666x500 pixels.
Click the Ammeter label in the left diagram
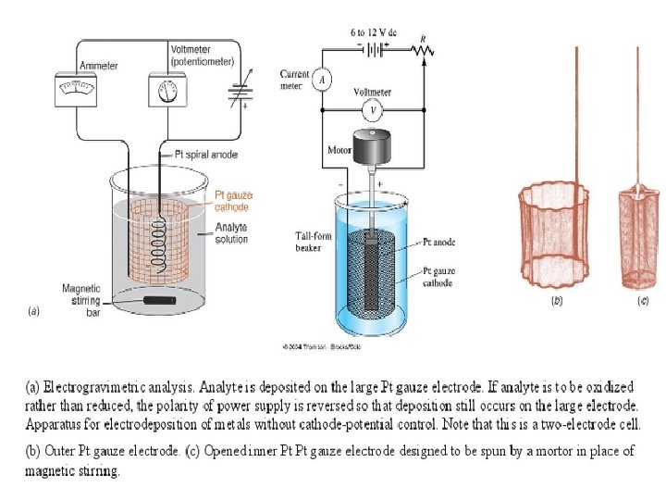(98, 66)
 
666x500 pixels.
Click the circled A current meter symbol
(322, 80)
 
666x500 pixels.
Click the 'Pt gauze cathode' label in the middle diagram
(438, 277)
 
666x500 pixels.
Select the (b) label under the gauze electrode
(557, 301)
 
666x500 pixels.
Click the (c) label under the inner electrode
(642, 301)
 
